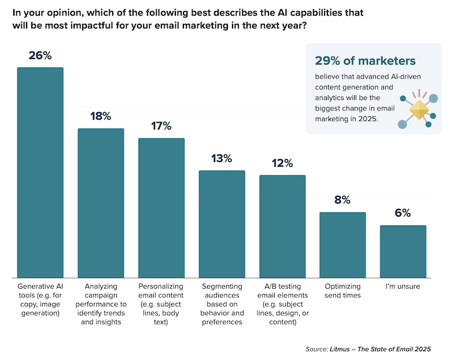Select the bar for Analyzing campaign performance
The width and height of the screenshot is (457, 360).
tap(101, 203)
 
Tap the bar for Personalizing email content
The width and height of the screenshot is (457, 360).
tap(161, 208)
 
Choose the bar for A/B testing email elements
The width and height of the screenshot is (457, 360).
tap(282, 226)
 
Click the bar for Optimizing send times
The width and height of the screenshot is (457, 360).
tap(342, 245)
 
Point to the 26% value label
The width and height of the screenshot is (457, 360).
tap(40, 56)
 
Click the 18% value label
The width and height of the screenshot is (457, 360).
tap(101, 116)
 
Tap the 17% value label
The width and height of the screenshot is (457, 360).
tap(161, 126)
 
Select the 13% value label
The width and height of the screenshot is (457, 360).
tap(222, 159)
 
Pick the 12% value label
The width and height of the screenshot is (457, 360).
tap(282, 163)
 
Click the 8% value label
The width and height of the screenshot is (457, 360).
tap(342, 200)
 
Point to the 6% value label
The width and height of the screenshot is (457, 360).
tap(403, 214)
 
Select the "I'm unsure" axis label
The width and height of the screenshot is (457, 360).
tap(403, 286)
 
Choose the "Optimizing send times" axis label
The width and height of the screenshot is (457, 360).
tap(342, 291)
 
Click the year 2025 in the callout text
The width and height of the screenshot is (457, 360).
tap(367, 119)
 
